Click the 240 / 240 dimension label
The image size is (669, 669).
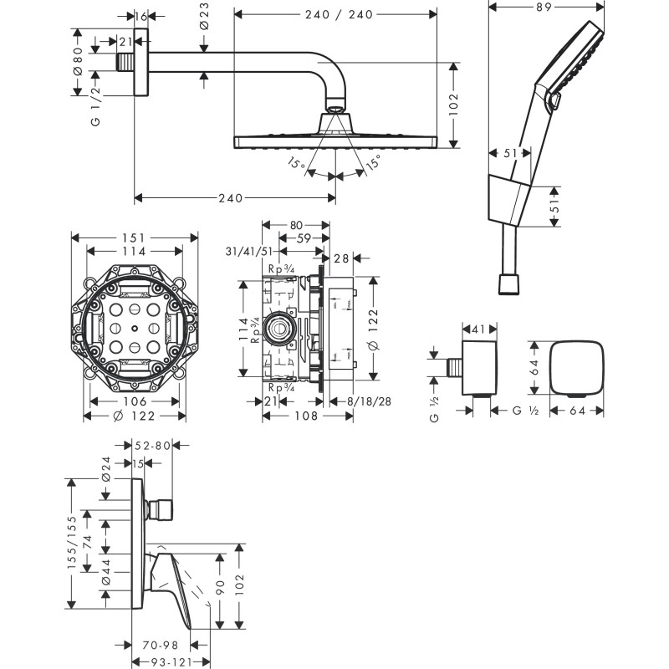334,14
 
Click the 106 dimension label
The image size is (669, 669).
134,402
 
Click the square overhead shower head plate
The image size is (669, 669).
334,140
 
